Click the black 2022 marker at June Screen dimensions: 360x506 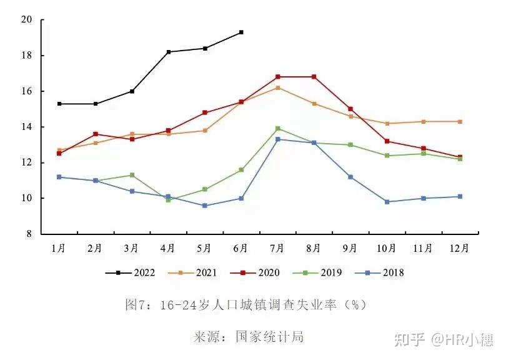tap(241, 32)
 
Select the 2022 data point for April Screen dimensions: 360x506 tap(169, 52)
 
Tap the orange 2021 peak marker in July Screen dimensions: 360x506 tap(277, 87)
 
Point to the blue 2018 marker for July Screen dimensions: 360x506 tap(277, 139)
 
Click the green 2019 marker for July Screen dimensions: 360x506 tap(277, 129)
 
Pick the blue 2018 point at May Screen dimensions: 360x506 tap(205, 206)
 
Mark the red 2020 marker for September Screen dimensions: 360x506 tap(350, 109)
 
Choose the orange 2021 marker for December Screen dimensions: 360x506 tap(460, 121)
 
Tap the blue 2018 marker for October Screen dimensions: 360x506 tap(387, 202)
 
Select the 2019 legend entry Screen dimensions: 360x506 tap(325, 272)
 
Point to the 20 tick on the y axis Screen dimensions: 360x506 tap(26, 19)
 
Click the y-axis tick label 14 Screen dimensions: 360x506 tap(26, 127)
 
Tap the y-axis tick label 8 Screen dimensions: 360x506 tap(29, 234)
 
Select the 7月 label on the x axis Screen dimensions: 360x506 tap(277, 248)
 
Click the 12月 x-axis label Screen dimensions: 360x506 tap(460, 248)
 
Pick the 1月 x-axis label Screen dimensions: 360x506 tap(59, 248)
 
